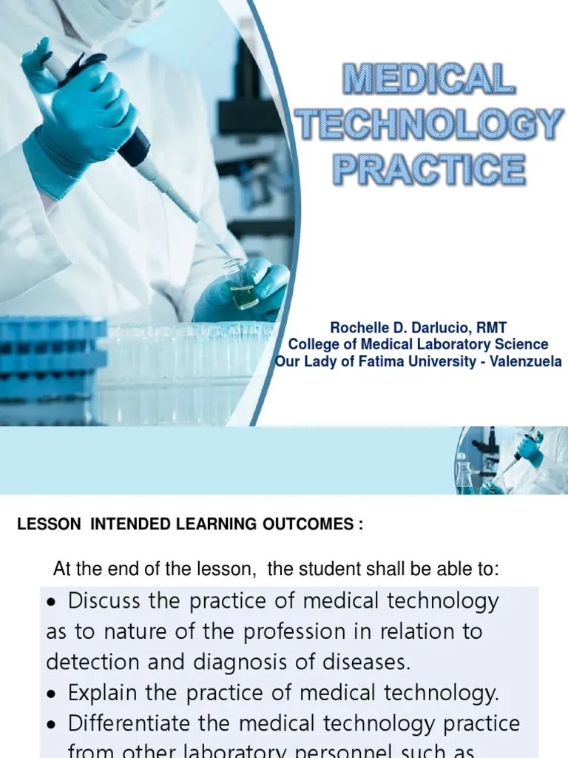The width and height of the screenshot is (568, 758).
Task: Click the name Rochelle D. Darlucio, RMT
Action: [419, 326]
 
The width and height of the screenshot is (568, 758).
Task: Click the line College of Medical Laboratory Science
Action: [419, 344]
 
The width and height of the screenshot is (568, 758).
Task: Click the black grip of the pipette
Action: [134, 147]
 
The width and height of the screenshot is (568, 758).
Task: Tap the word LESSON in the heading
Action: [49, 525]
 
